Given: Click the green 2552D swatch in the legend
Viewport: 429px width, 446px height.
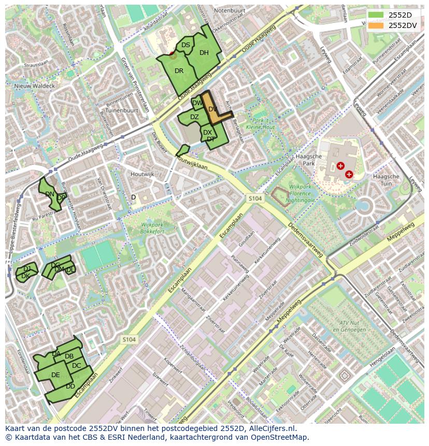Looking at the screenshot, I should [376, 15].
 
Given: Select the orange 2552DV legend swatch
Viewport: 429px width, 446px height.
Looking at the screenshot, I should [376, 25].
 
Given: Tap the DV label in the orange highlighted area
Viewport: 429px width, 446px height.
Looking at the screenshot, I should [212, 109].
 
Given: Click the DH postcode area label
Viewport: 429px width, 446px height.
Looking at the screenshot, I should [204, 53].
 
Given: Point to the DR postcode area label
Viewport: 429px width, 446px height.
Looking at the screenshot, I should [179, 71].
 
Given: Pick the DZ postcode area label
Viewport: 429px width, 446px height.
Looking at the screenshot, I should [194, 117].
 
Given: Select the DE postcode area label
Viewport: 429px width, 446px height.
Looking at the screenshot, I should [55, 375].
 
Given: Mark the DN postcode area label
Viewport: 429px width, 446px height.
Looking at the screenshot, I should [50, 194].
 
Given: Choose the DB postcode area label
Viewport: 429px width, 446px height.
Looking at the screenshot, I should [69, 356].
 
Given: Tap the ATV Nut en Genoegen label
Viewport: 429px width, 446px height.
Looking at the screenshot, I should [346, 326].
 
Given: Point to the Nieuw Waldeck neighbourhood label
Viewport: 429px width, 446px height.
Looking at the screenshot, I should [34, 86].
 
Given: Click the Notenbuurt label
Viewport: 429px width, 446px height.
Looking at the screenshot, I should [229, 10].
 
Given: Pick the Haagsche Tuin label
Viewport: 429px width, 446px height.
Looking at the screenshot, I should [386, 180].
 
